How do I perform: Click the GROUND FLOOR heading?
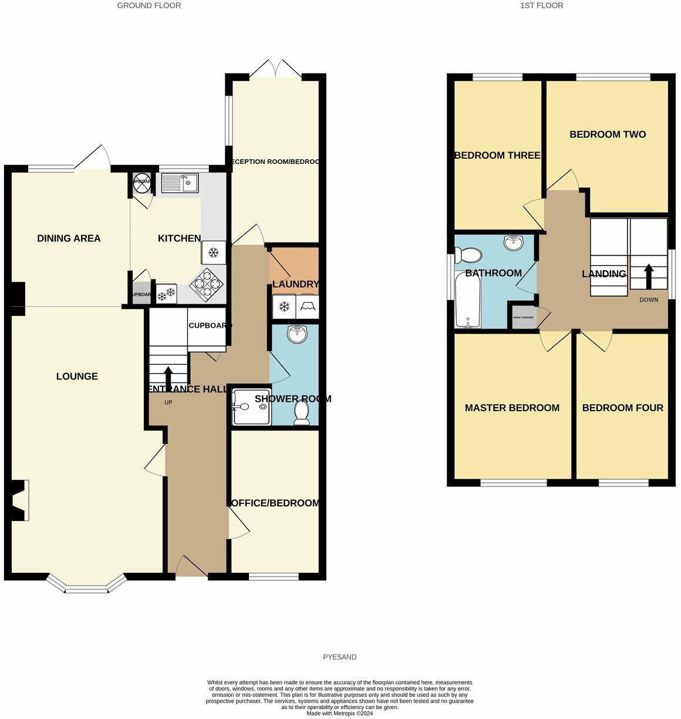[149, 5]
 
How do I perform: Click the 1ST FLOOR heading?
[541, 5]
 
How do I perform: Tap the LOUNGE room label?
[77, 377]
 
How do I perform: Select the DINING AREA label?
[69, 238]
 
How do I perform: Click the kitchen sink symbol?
[181, 183]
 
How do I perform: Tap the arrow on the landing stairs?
[648, 276]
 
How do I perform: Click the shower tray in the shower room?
[251, 406]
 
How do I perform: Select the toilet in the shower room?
[302, 412]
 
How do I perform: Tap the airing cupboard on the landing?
[522, 317]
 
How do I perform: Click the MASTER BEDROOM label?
[512, 408]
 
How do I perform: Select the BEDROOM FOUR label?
[622, 408]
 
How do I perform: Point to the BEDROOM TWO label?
[608, 135]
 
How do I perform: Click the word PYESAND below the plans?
[339, 657]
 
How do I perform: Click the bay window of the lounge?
[86, 586]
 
